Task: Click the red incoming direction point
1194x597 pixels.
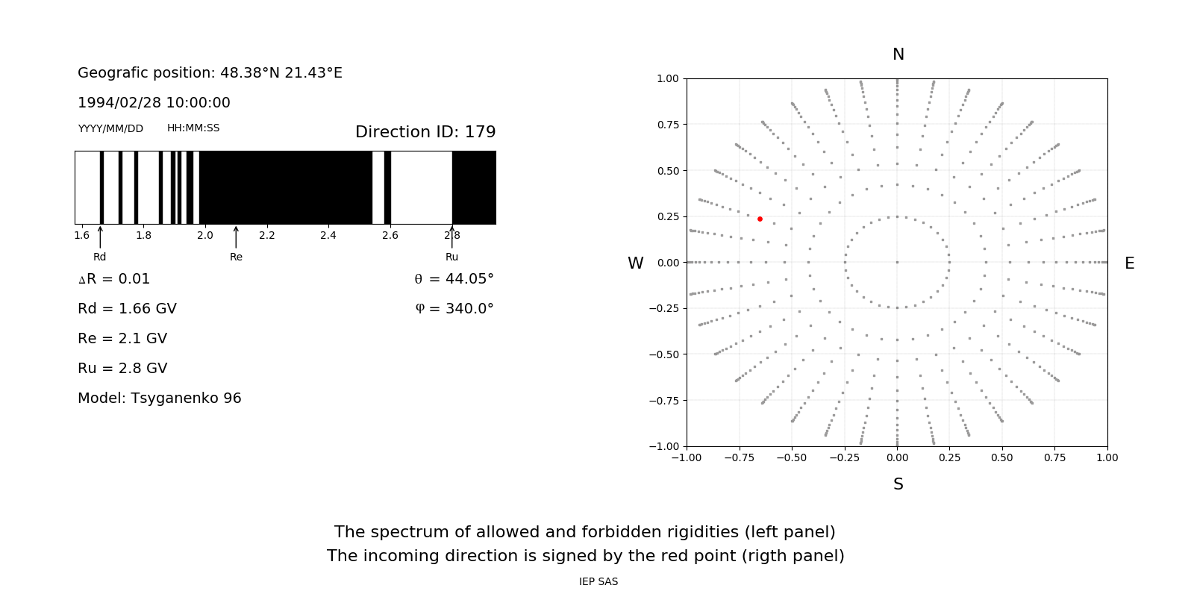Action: point(760,219)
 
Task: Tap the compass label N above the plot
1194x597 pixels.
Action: point(898,54)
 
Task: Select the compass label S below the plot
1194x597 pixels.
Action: point(898,484)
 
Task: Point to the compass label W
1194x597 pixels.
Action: point(635,263)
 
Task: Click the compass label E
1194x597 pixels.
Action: point(1129,263)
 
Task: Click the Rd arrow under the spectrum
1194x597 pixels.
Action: point(100,237)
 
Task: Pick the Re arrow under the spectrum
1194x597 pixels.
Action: point(236,237)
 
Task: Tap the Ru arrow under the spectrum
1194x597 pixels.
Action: point(451,237)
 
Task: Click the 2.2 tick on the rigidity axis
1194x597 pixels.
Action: point(266,235)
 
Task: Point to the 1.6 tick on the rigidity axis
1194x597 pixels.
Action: point(81,235)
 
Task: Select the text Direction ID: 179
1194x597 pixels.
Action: point(425,132)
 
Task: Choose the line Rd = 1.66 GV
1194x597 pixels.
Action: point(127,308)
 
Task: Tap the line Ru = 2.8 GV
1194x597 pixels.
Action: point(122,368)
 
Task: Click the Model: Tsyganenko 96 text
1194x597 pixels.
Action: point(159,398)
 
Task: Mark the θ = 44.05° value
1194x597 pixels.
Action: point(454,278)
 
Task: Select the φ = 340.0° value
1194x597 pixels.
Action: point(454,308)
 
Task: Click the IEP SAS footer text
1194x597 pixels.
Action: point(598,581)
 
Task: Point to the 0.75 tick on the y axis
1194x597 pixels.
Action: point(667,124)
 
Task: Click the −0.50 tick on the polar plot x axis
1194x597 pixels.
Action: point(791,457)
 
